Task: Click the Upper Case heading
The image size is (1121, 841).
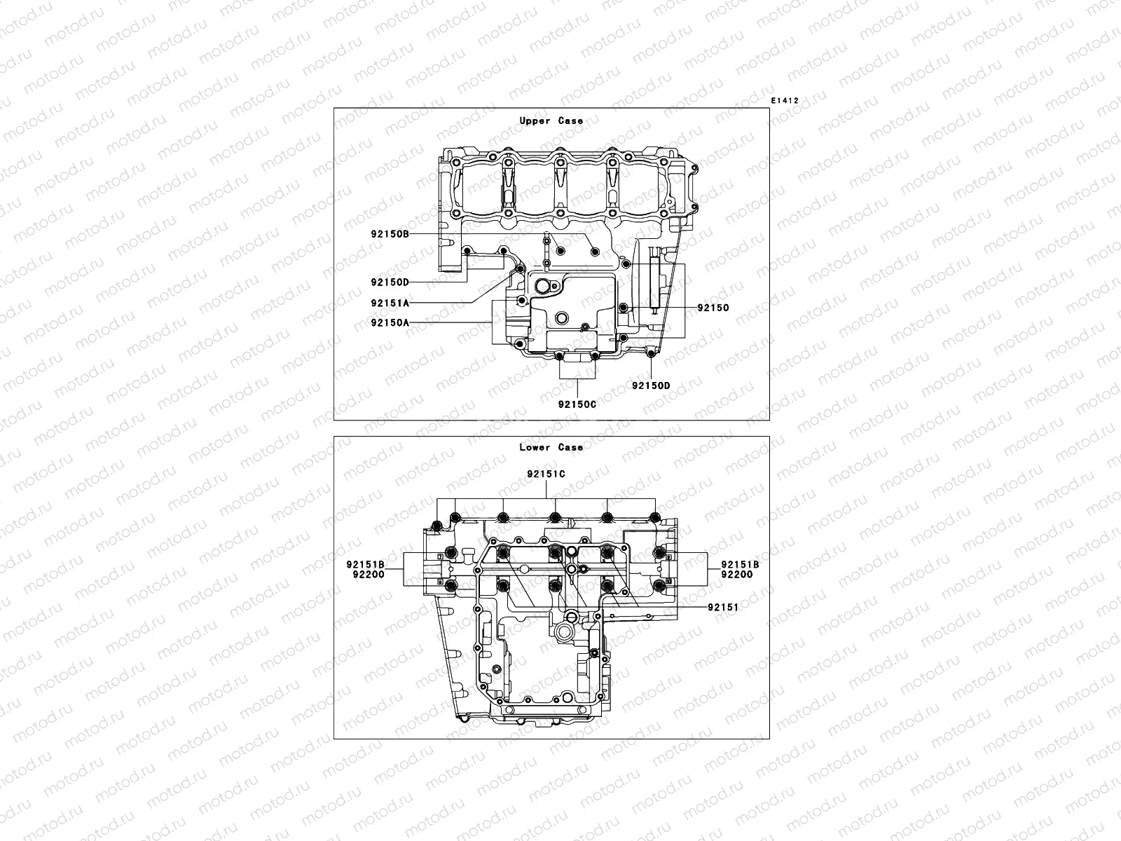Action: point(551,121)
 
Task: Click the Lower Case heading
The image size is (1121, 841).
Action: point(551,447)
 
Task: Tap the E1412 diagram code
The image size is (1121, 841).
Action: point(785,100)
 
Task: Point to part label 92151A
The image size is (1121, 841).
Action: point(390,303)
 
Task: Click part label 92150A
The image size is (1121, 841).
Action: point(390,322)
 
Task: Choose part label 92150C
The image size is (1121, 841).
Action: point(577,404)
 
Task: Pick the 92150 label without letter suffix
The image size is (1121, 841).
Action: point(713,308)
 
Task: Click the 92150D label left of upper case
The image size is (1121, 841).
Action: point(390,282)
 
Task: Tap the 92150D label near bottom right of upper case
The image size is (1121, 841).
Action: point(651,385)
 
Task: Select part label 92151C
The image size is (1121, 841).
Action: point(546,474)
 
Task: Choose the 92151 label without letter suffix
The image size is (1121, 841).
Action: point(723,608)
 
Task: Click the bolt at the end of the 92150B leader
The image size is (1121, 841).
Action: point(595,252)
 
